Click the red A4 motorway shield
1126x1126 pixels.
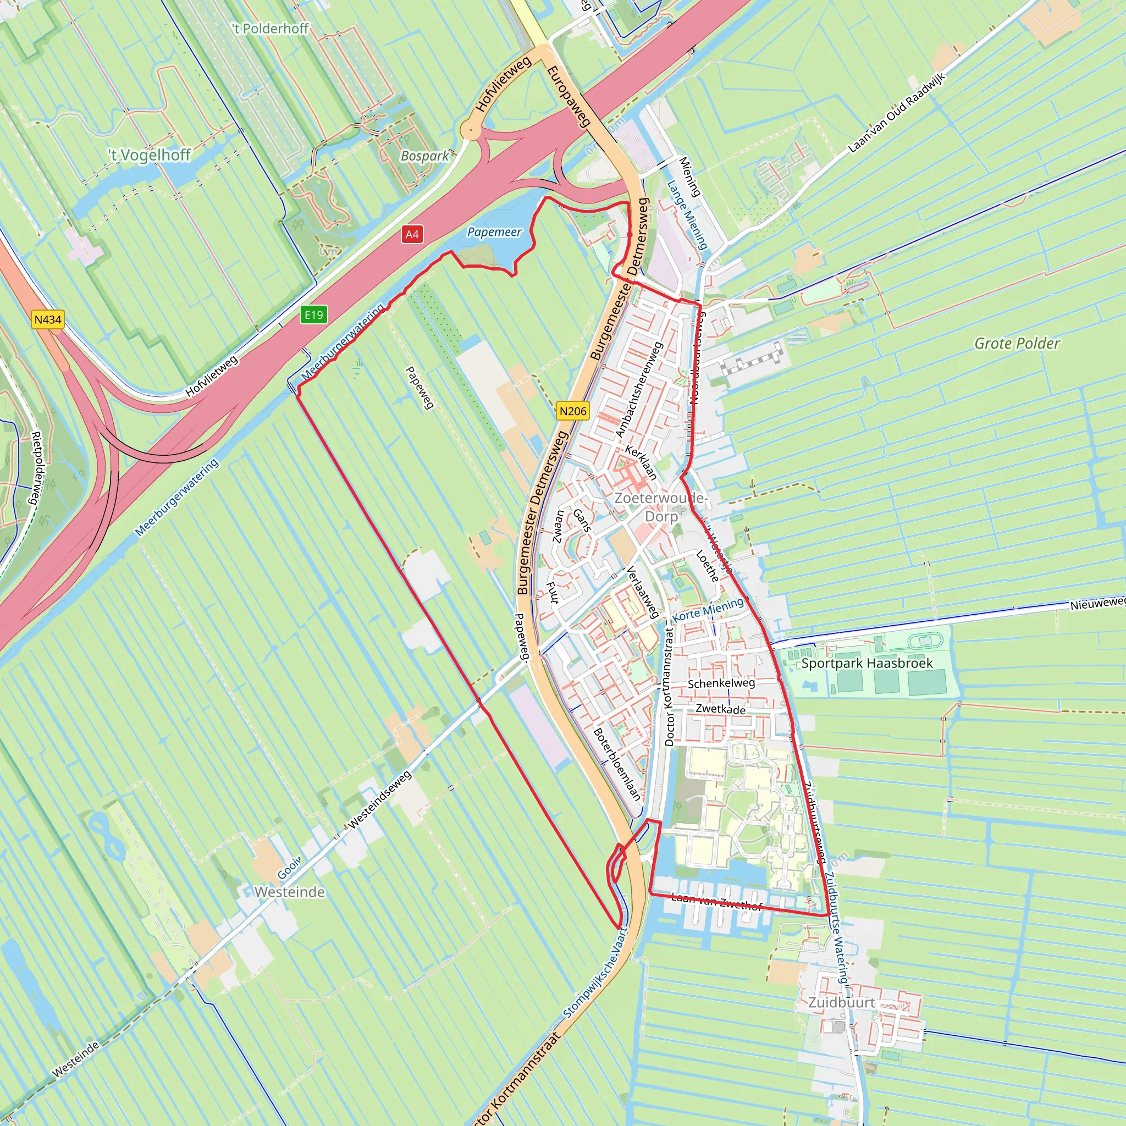[411, 234]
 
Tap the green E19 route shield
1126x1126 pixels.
[313, 314]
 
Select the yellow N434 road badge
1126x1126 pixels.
[47, 319]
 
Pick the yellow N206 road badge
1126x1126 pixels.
[572, 411]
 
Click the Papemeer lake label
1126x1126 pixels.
[494, 232]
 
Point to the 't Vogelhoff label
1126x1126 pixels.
[150, 154]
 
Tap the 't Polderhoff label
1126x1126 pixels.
[271, 28]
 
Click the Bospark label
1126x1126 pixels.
[424, 156]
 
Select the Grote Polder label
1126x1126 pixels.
[1017, 343]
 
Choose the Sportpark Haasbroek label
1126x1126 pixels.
[866, 663]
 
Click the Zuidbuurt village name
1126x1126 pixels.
[841, 1002]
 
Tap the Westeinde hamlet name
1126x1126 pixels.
[290, 892]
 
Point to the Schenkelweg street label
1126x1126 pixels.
[721, 683]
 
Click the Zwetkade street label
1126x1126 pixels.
[720, 709]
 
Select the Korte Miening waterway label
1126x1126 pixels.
[708, 609]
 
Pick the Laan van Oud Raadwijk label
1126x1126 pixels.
[896, 113]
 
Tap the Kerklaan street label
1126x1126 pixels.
[641, 462]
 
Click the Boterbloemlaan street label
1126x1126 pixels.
[617, 764]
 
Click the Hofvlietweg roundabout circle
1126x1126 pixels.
[470, 130]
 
